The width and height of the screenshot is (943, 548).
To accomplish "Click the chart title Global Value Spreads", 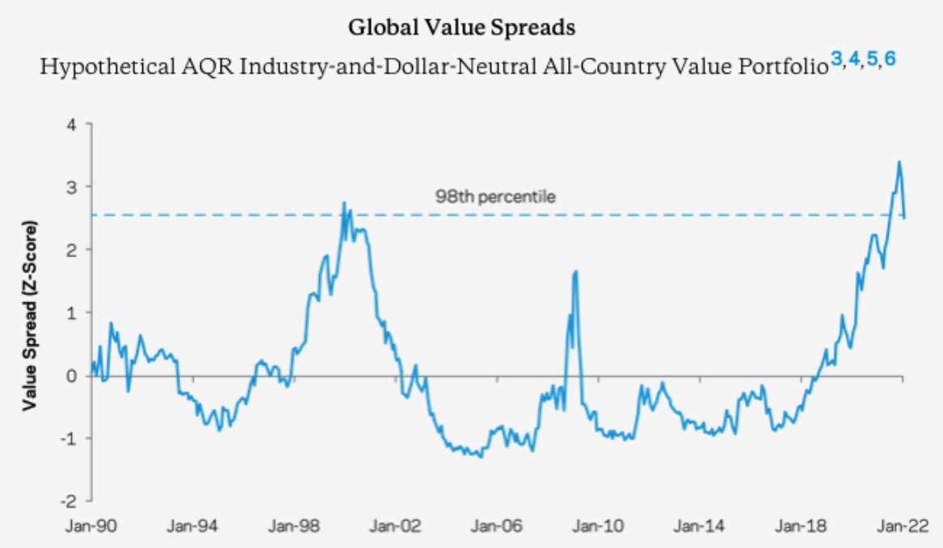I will pos(461,27).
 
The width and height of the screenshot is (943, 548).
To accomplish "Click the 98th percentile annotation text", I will pos(484,196).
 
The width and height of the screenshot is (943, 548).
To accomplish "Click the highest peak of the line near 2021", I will pos(899,162).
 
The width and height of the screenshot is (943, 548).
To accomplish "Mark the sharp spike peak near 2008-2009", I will pos(575,272).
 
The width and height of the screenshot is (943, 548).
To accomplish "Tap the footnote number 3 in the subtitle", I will pos(836,59).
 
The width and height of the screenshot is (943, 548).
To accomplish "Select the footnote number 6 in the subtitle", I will pos(890,59).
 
